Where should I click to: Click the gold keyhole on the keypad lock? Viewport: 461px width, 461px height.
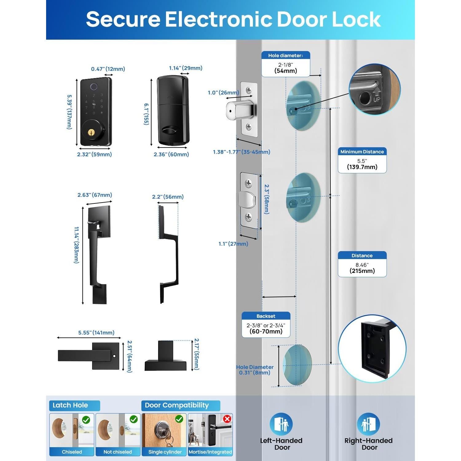[91, 132]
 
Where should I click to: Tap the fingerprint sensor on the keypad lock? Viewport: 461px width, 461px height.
[94, 87]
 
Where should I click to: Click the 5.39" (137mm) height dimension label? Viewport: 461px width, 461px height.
[69, 112]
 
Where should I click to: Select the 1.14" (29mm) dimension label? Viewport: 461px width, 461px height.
[186, 68]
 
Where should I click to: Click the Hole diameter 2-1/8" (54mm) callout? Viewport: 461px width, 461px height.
[286, 64]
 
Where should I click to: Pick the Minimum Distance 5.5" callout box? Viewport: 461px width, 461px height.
[362, 160]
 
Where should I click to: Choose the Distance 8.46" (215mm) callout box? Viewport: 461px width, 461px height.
[362, 264]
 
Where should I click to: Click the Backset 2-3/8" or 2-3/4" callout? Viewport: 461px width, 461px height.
[266, 325]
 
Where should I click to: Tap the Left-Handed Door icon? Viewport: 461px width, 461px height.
[281, 424]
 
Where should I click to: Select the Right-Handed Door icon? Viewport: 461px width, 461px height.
[368, 424]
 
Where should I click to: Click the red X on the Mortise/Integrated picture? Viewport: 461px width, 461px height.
[227, 419]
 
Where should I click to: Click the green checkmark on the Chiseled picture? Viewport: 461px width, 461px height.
[86, 420]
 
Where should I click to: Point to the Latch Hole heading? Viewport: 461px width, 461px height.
[70, 405]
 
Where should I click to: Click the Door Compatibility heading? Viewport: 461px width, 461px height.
[177, 405]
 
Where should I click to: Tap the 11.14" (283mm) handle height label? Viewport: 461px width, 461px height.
[77, 245]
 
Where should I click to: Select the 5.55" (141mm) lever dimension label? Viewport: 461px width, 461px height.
[96, 333]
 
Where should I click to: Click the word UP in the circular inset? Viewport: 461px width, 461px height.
[377, 99]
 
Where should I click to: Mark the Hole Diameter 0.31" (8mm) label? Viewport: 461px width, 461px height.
[255, 370]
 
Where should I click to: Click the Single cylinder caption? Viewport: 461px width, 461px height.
[165, 452]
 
